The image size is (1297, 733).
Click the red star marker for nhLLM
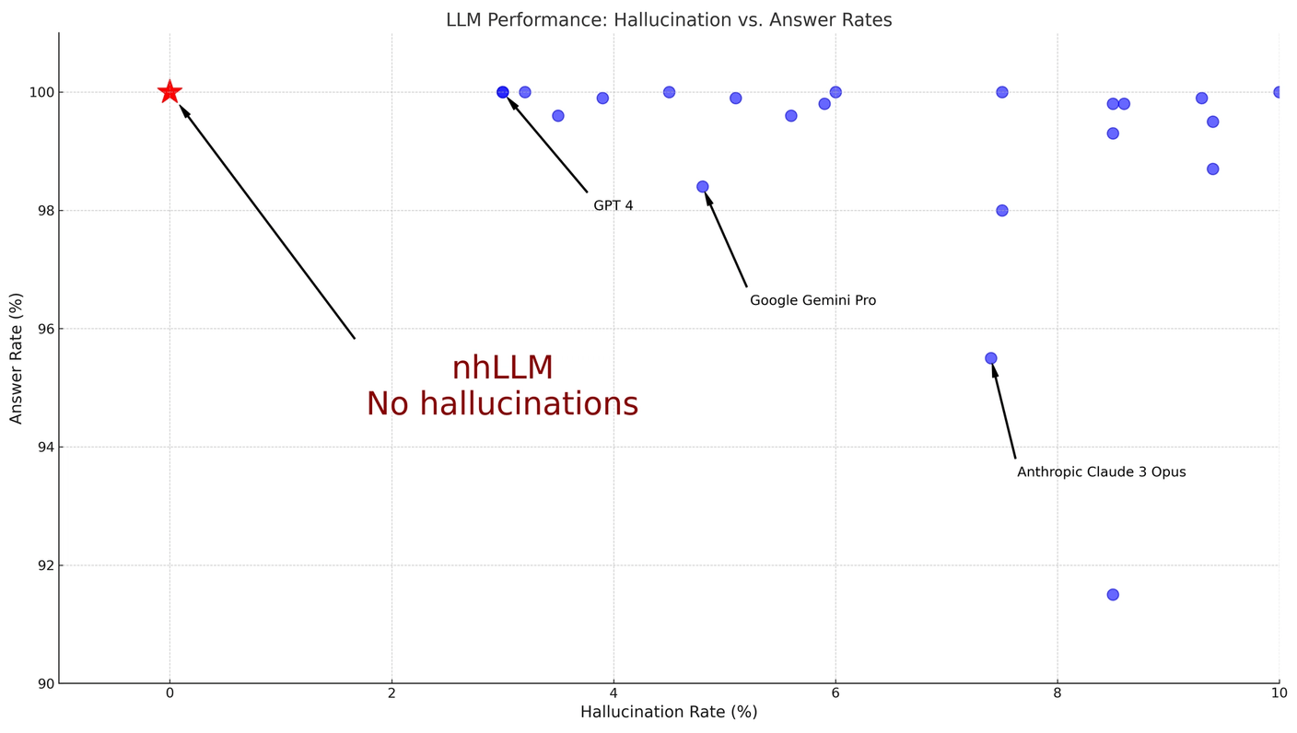169,92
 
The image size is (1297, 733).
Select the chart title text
669,20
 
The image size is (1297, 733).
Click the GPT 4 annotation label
613,206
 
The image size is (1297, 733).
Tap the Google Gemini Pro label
812,301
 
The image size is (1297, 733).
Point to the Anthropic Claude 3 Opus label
1101,472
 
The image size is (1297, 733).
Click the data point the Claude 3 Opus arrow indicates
990,358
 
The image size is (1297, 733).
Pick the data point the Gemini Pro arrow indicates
703,187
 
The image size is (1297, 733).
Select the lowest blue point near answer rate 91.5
1113,595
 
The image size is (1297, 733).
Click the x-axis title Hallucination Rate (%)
669,713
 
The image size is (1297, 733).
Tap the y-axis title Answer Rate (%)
17,358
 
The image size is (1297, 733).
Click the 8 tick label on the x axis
1057,693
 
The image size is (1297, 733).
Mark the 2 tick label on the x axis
391,693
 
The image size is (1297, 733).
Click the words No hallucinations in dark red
502,404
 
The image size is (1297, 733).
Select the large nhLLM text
502,368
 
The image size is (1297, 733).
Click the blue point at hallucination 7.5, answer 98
1001,211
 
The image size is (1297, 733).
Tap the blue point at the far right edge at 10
1279,92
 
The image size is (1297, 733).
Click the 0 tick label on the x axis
169,693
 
